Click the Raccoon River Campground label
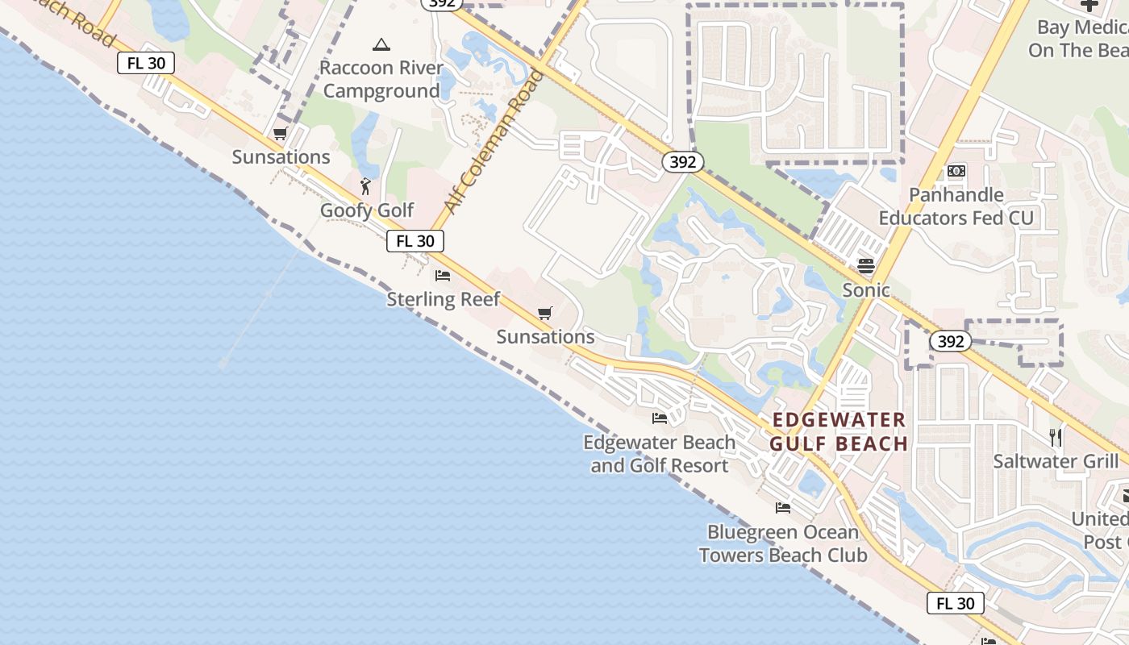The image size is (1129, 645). coord(381,79)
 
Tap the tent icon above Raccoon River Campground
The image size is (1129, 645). coord(381,44)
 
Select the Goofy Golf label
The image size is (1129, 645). coord(367,210)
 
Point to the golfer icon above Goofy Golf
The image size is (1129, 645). coord(366,186)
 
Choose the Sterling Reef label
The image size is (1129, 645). coord(444,299)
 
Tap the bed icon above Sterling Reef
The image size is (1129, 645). coord(443,275)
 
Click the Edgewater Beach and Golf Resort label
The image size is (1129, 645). coord(660,454)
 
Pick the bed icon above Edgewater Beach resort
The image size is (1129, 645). coord(660,418)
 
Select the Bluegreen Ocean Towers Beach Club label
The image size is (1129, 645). coord(783,543)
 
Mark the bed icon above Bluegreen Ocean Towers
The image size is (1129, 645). coord(783,508)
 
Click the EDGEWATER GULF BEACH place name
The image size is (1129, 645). coord(839,431)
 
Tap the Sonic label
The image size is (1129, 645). coord(866,290)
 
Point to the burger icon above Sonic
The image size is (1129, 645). coord(866,265)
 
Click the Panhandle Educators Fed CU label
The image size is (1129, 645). coord(956,206)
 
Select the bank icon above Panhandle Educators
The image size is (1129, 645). coord(956,171)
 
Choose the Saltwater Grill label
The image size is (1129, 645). coord(1056,461)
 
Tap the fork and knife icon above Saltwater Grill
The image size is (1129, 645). coord(1056,438)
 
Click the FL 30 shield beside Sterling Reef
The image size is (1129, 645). coord(415,240)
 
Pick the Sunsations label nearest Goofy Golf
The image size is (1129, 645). coord(281,157)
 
